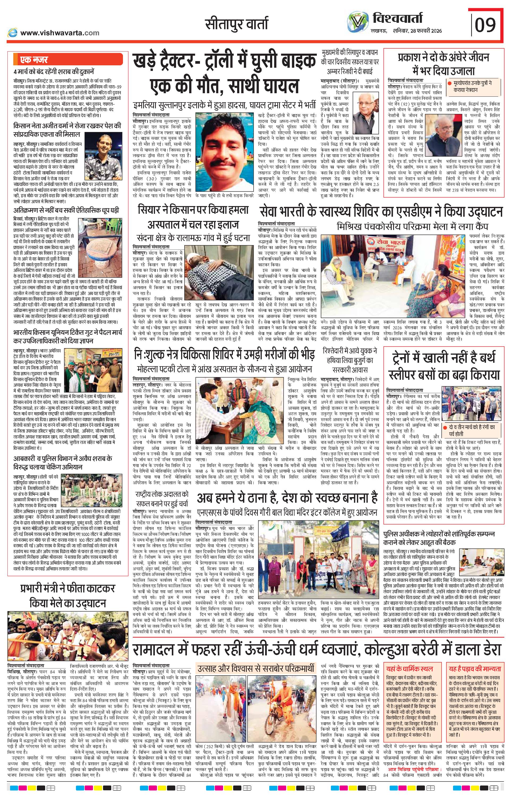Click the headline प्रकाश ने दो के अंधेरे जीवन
click(x=443, y=57)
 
